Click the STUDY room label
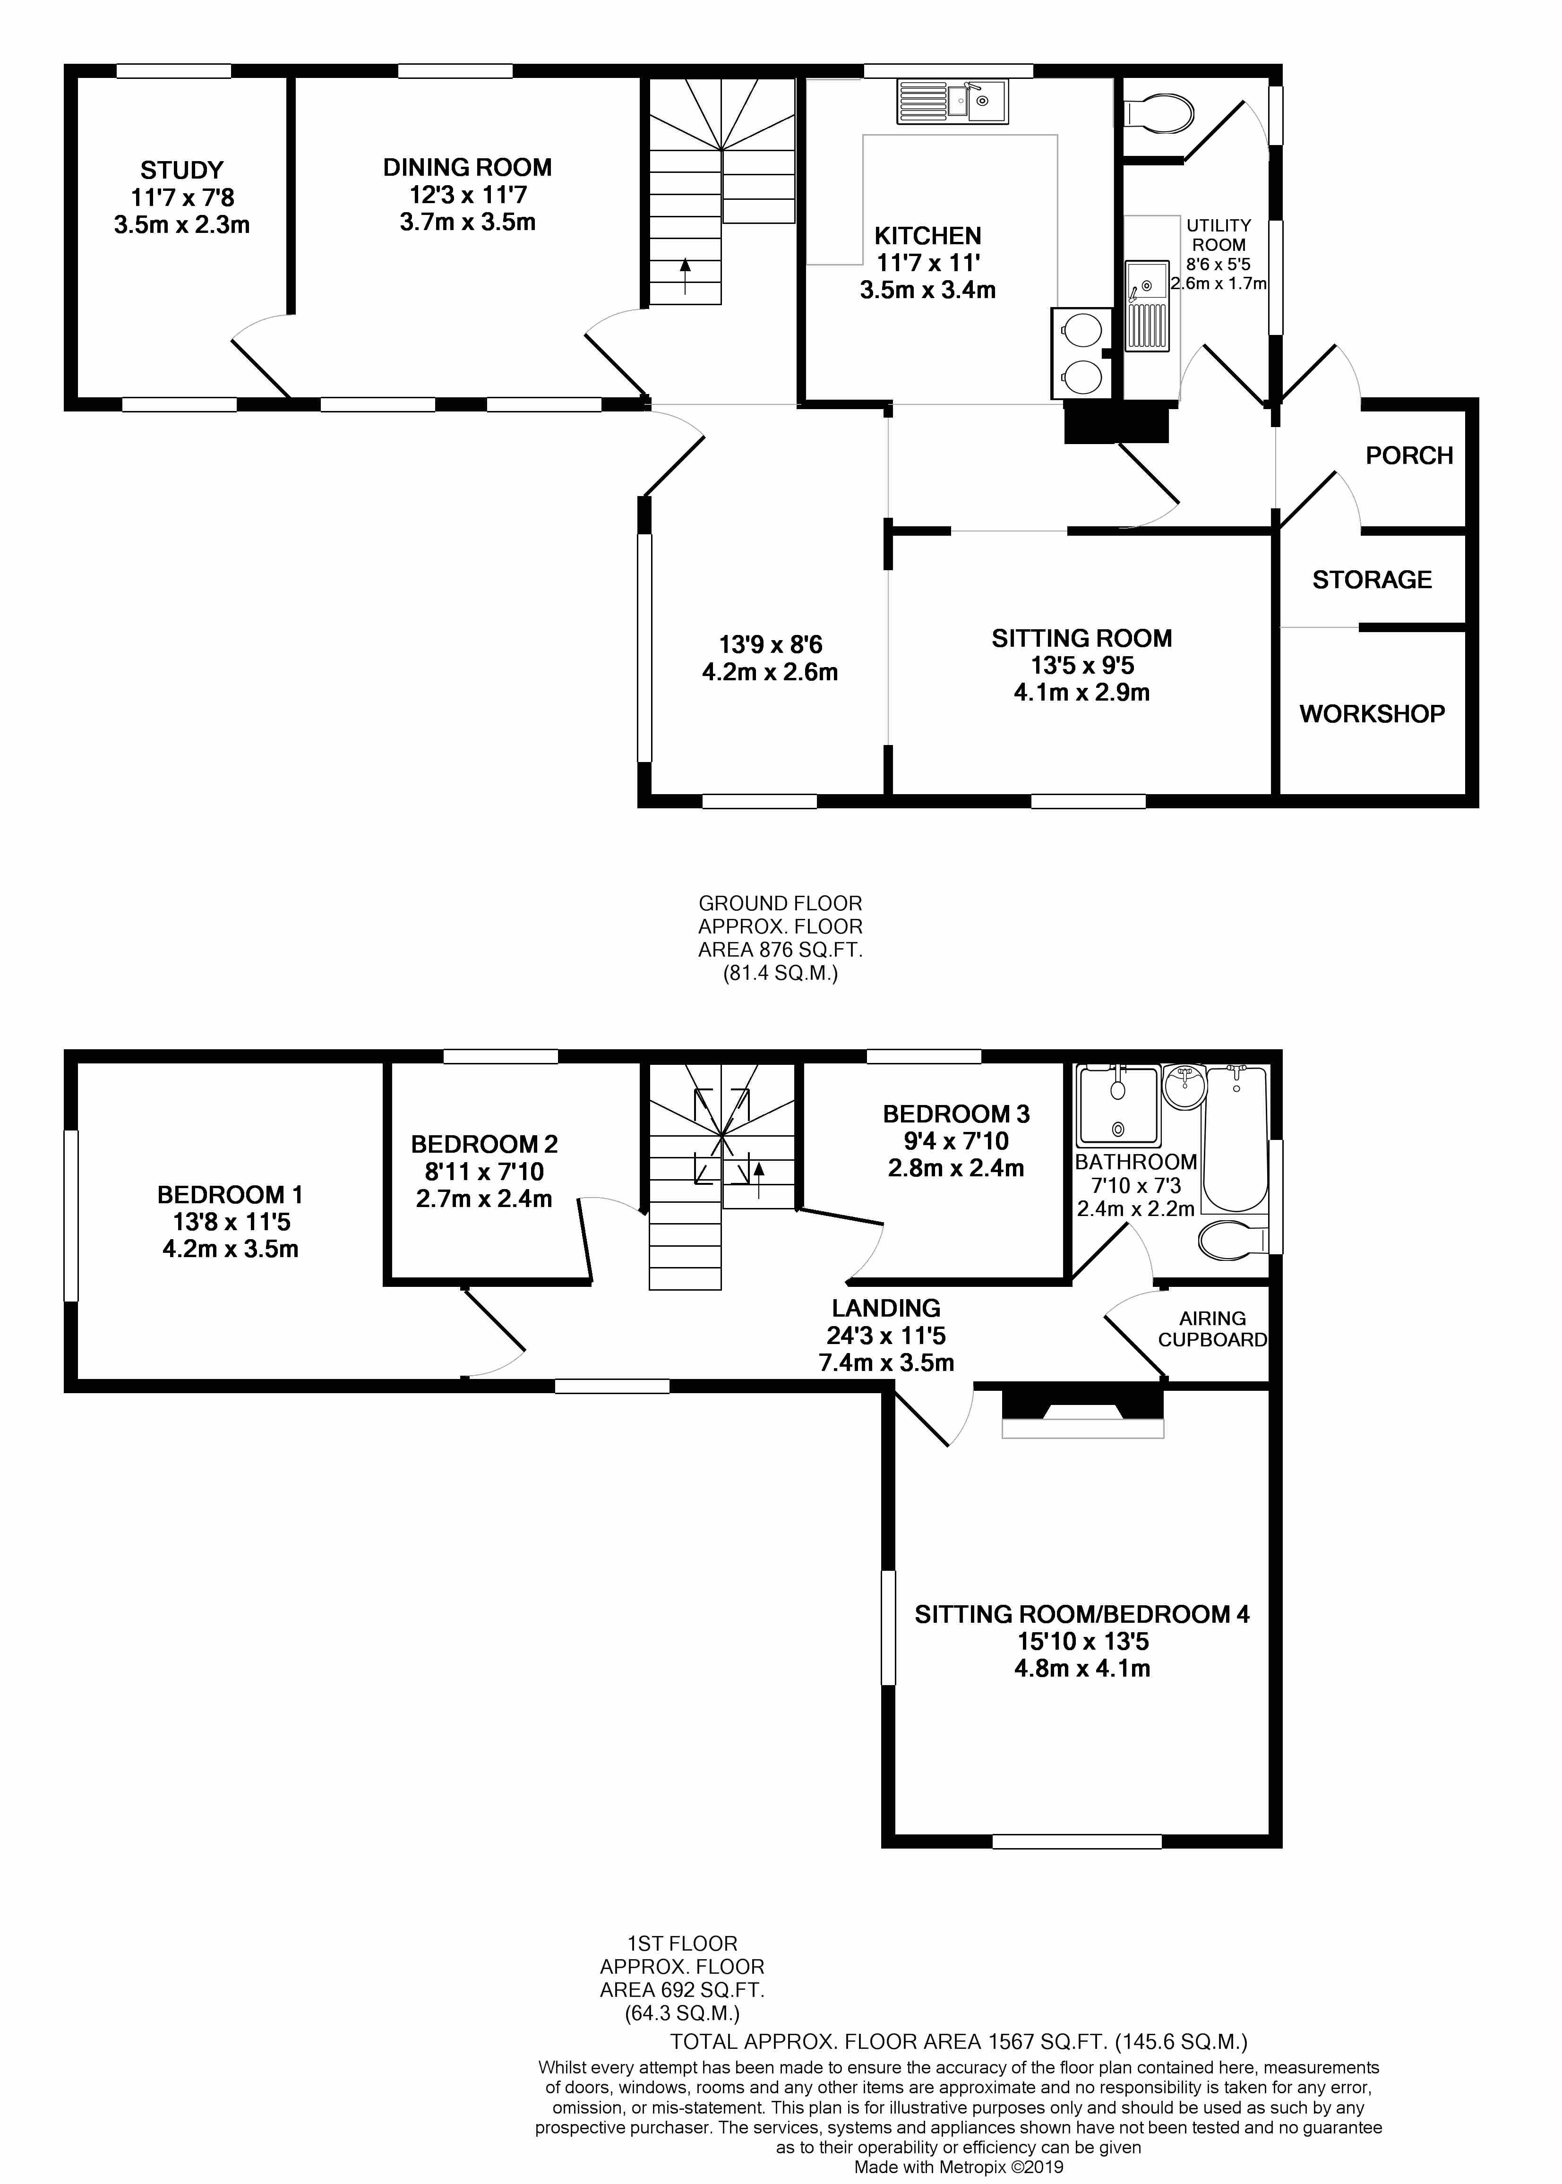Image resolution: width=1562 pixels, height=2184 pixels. [x=182, y=170]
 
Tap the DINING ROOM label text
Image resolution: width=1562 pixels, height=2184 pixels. [x=467, y=167]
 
